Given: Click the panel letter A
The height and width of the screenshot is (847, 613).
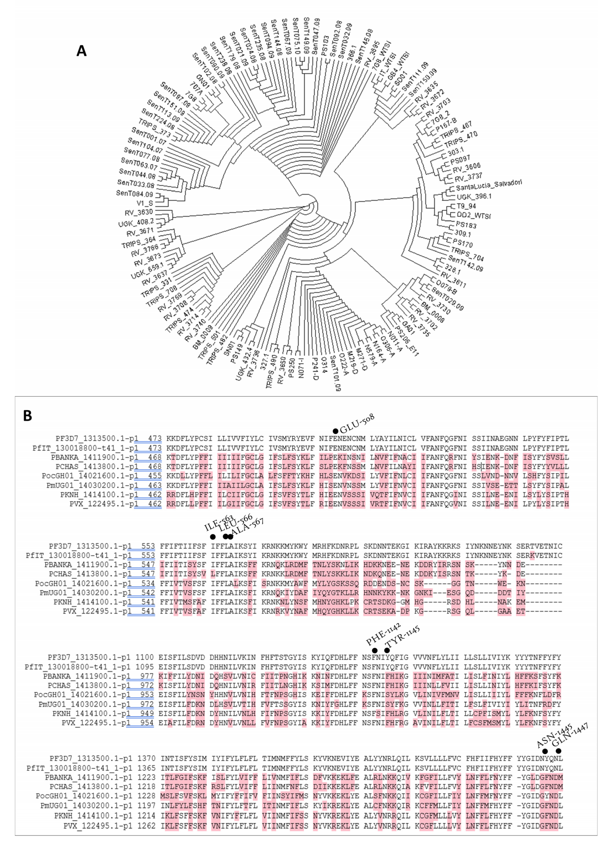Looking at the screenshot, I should pyautogui.click(x=81, y=50).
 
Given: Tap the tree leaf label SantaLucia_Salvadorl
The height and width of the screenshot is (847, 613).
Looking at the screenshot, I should pyautogui.click(x=488, y=185).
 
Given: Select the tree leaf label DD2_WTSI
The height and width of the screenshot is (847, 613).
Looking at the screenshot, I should pyautogui.click(x=473, y=216).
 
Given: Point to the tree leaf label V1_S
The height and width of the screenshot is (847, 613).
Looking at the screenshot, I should pyautogui.click(x=145, y=203).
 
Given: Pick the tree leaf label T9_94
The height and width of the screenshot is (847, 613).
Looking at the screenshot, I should pyautogui.click(x=466, y=206).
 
